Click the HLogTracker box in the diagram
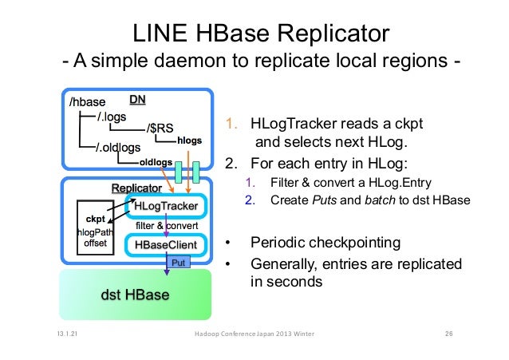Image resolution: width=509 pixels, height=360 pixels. (x=165, y=206)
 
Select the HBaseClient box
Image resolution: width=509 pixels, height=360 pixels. (x=165, y=243)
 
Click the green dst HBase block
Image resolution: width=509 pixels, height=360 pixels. (x=134, y=295)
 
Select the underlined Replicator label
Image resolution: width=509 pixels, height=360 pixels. (x=136, y=188)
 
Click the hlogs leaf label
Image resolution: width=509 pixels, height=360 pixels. (x=190, y=140)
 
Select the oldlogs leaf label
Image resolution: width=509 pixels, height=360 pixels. (x=156, y=161)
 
